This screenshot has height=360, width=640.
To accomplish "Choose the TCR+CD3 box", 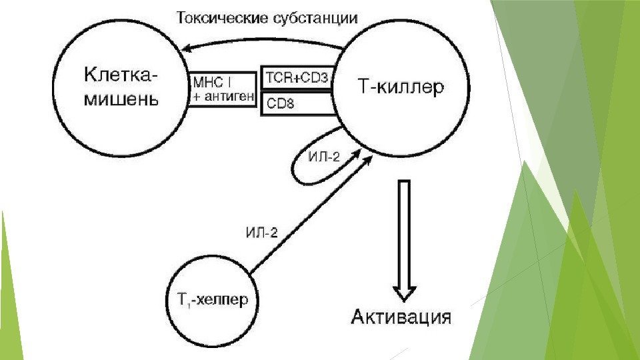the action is tap(297, 79).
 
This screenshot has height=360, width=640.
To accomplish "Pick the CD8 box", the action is tap(297, 103).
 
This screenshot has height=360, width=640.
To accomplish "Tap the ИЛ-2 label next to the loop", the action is tap(325, 157).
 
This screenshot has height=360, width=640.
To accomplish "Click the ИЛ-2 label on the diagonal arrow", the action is tap(261, 232).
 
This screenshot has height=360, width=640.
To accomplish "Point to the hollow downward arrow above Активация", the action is tap(405, 240).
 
